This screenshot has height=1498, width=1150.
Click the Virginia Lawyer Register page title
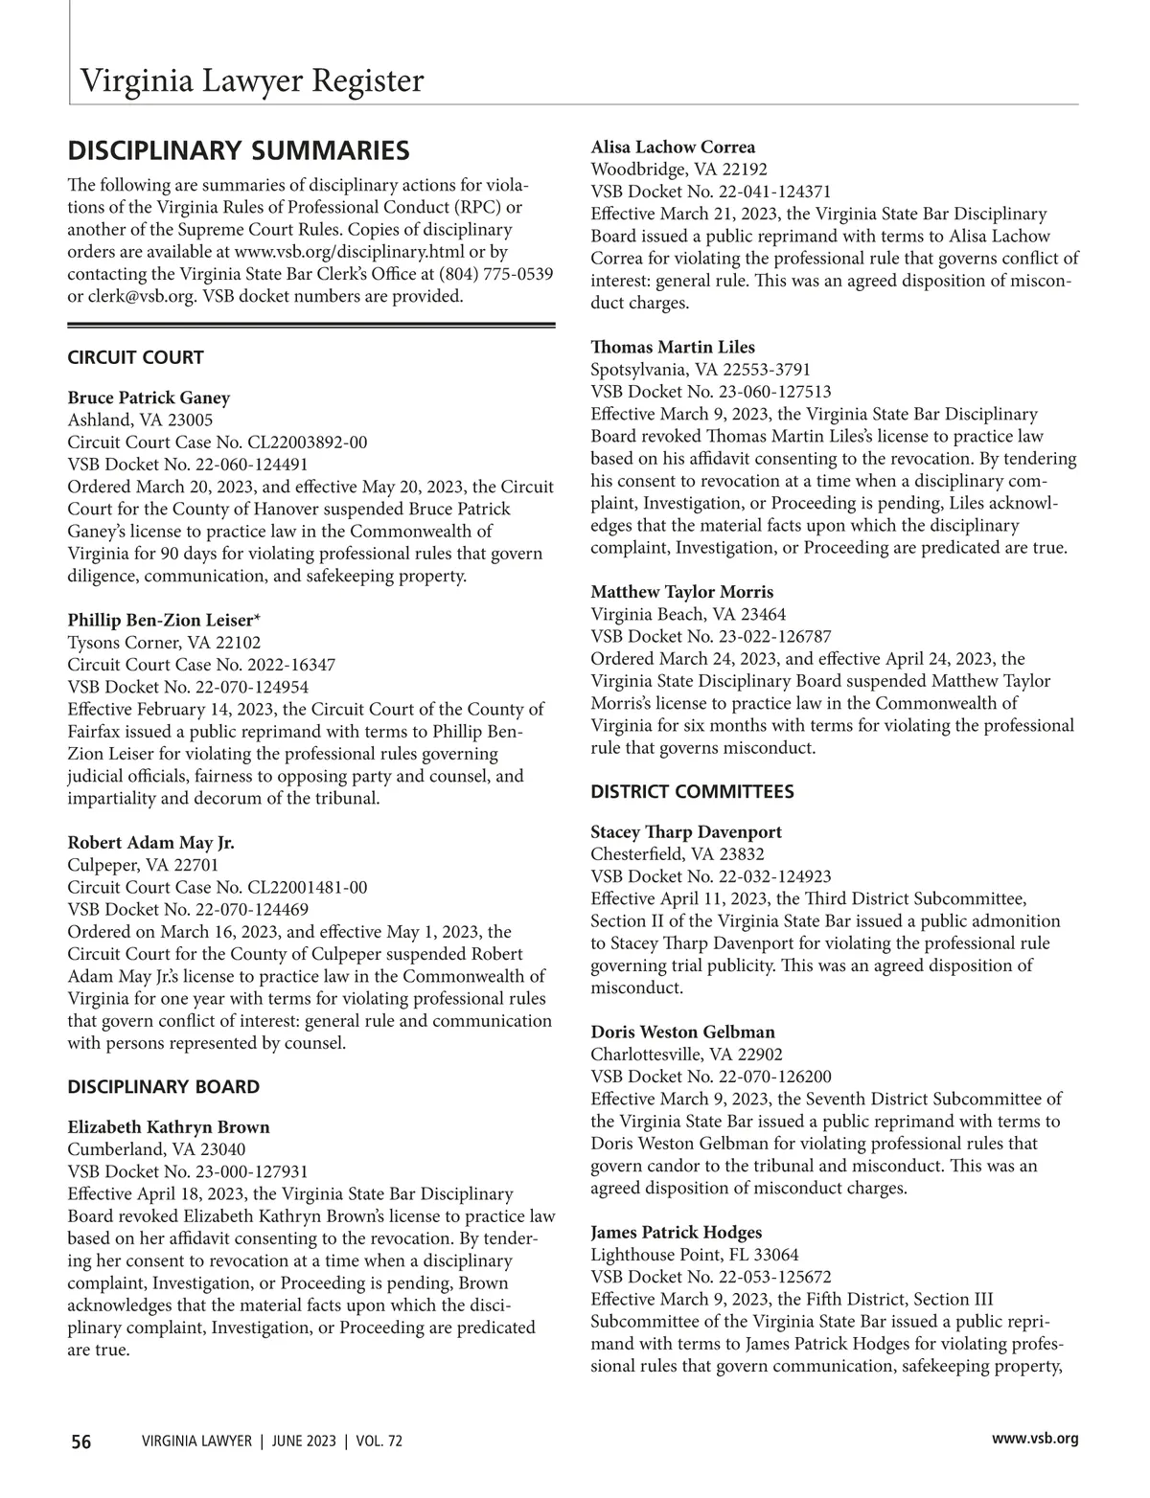(x=251, y=80)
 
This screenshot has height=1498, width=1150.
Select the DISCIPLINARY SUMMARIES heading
(x=239, y=151)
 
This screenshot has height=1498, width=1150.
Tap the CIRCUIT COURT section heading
(x=135, y=358)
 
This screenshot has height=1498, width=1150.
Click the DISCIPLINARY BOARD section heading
(x=163, y=1087)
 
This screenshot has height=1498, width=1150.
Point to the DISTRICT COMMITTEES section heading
(x=692, y=792)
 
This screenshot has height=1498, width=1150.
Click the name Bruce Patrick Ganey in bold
(x=149, y=397)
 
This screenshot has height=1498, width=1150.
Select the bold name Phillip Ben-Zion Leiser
(x=164, y=620)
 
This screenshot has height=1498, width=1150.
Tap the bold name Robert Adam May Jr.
(x=150, y=843)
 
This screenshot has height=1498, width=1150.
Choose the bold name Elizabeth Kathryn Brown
(x=169, y=1127)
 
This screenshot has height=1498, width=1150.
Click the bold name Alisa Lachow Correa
(x=673, y=148)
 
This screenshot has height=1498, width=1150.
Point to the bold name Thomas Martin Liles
(x=673, y=348)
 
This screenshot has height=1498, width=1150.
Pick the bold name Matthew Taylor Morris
(x=681, y=592)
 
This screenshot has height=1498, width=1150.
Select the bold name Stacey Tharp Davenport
(x=686, y=832)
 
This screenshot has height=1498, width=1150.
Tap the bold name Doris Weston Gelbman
(x=682, y=1033)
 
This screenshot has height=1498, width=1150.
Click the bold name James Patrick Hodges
(x=677, y=1233)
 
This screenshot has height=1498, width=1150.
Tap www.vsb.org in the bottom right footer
(x=1035, y=1439)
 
